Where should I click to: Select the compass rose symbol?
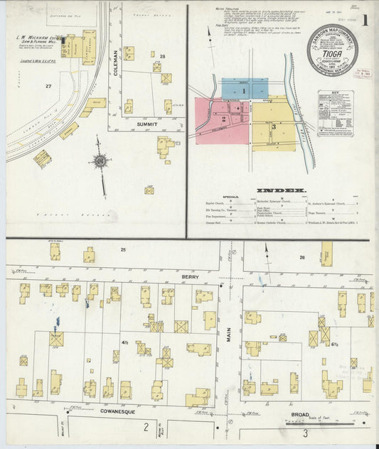point(100,161)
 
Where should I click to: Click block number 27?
point(49,87)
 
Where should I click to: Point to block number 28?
point(162,56)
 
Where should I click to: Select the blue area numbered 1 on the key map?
point(243,91)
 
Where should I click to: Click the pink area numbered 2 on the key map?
point(223,118)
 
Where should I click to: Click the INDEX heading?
point(280,190)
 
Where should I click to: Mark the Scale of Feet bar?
point(341,421)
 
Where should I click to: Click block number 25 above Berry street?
point(122,250)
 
